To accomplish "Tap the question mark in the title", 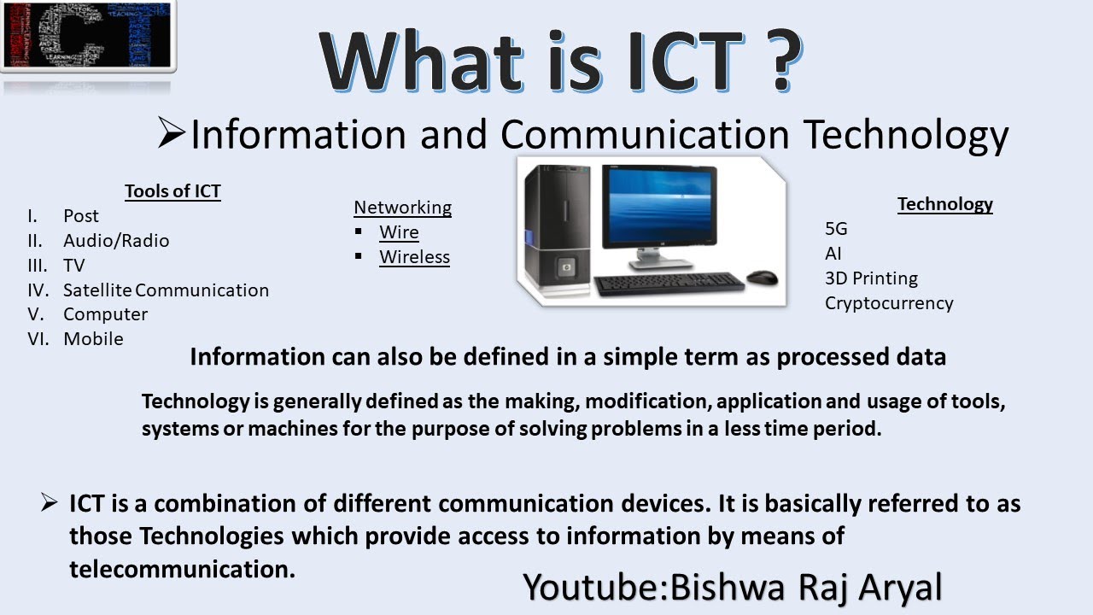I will pyautogui.click(x=774, y=62).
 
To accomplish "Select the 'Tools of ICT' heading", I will pyautogui.click(x=172, y=191).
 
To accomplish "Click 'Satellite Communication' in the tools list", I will pyautogui.click(x=166, y=290).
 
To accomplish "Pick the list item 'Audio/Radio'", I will pyautogui.click(x=116, y=241).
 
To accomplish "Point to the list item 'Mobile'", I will pyautogui.click(x=93, y=339).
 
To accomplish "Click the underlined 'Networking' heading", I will pyautogui.click(x=402, y=208).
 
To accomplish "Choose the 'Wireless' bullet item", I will pyautogui.click(x=414, y=257).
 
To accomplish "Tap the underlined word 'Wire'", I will pyautogui.click(x=399, y=232).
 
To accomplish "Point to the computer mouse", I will pyautogui.click(x=762, y=278).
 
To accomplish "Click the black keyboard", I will pyautogui.click(x=669, y=284).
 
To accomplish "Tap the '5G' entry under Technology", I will pyautogui.click(x=836, y=229).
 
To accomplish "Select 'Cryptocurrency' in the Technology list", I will pyautogui.click(x=889, y=303).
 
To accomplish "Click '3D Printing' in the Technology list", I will pyautogui.click(x=871, y=278).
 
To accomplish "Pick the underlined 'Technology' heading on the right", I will pyautogui.click(x=944, y=204).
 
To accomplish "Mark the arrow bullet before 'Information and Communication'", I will pyautogui.click(x=172, y=134).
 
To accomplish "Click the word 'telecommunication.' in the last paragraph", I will pyautogui.click(x=182, y=569).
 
